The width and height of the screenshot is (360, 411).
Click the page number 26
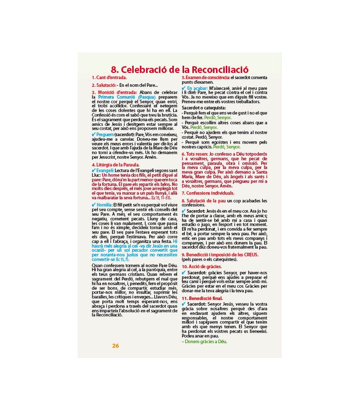point(116,345)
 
